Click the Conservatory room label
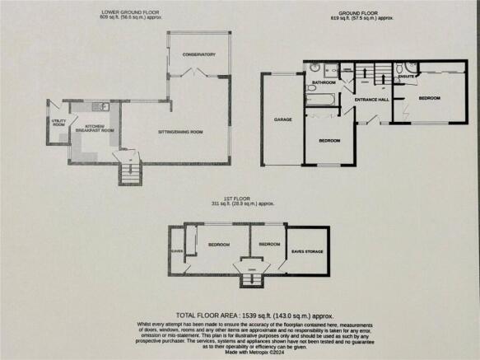point(199,54)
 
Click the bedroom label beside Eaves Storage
point(268,245)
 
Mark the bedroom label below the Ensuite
point(429,97)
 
